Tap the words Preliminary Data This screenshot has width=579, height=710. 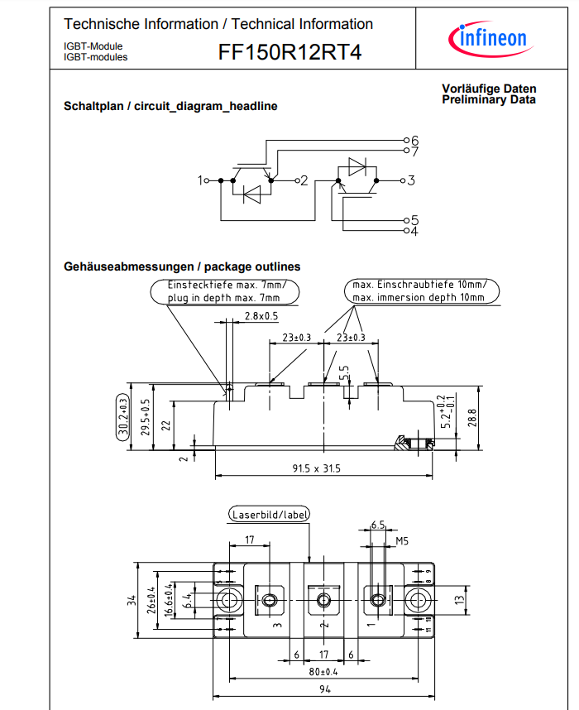pos(489,100)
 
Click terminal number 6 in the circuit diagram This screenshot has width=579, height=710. pos(414,139)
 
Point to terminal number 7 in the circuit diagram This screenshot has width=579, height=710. pos(414,151)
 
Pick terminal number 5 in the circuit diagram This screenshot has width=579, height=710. pos(414,220)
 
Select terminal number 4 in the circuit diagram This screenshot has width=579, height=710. pos(414,231)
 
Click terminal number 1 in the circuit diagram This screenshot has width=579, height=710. pos(201,180)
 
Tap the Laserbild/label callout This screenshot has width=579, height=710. pos(269,515)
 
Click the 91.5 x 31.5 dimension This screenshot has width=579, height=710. pos(316,468)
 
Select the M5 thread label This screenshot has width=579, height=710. pos(403,541)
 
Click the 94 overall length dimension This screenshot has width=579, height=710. pos(323,688)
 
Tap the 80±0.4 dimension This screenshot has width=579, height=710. pos(323,671)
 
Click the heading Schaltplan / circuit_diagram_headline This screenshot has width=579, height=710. pos(170,107)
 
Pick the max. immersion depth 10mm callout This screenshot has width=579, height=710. pos(419,297)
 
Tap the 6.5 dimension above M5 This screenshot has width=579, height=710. pos(377,525)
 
